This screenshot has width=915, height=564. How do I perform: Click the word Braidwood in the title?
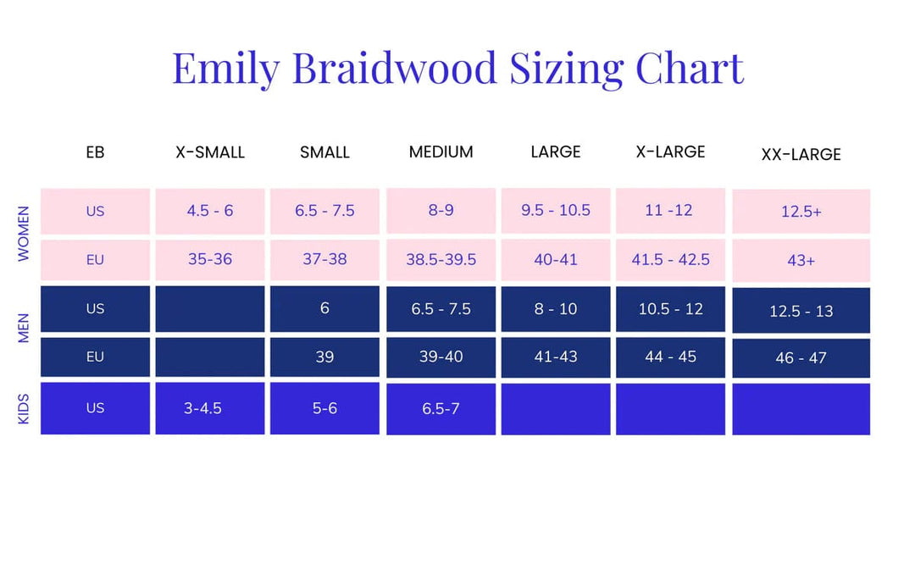[x=395, y=68]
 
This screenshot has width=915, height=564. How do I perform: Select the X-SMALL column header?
[x=210, y=152]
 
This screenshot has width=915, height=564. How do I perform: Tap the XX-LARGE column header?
[x=801, y=154]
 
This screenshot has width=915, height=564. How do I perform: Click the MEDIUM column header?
[x=441, y=152]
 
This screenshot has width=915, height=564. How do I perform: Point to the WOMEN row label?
[x=24, y=233]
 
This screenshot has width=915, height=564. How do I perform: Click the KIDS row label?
[x=24, y=407]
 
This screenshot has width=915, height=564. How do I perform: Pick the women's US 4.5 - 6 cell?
[x=210, y=211]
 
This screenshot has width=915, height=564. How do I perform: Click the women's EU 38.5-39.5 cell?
[x=441, y=260]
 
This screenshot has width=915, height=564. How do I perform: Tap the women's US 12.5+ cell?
[x=801, y=212]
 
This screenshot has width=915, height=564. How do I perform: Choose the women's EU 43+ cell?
[x=801, y=261]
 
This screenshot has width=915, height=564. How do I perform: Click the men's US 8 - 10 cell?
[x=556, y=309]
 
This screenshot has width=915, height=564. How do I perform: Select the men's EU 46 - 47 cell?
[x=801, y=357]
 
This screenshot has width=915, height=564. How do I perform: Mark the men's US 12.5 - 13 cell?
[x=801, y=311]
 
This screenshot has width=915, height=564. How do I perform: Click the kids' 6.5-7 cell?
[x=441, y=409]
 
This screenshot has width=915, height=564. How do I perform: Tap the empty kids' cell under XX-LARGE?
[x=801, y=409]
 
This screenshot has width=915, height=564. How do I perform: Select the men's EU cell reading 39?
[x=324, y=357]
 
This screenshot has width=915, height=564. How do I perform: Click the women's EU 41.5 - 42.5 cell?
[x=670, y=260]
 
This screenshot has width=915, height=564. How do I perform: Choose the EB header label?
[x=95, y=152]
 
